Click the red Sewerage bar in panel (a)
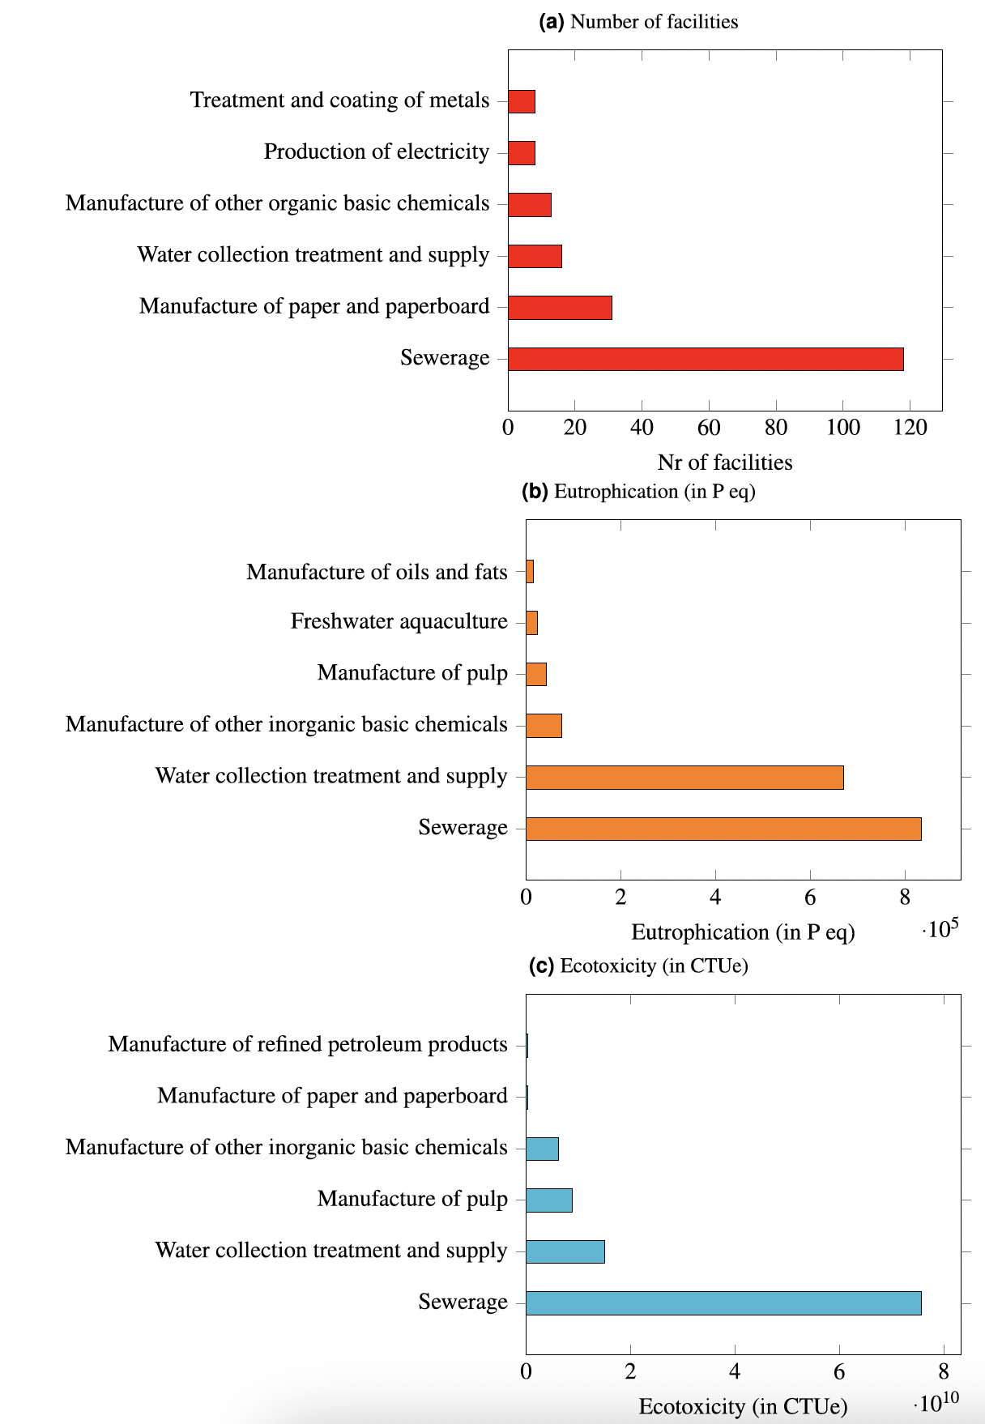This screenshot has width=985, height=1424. point(705,359)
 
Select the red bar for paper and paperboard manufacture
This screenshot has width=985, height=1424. point(560,308)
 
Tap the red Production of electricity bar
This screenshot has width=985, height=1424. point(522,153)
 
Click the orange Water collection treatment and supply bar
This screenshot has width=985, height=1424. point(684,778)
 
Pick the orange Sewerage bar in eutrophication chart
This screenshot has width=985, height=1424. point(723,829)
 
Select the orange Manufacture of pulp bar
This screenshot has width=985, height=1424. point(536,674)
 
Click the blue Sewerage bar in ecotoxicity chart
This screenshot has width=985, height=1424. point(723,1303)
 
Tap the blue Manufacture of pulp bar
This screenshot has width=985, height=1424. point(549,1200)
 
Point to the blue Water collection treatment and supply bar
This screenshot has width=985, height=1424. point(565,1251)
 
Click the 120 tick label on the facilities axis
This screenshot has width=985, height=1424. point(910,428)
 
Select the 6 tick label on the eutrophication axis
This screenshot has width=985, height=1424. point(810,897)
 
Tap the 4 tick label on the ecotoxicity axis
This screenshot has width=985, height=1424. point(735,1371)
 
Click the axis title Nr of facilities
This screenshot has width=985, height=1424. point(725,463)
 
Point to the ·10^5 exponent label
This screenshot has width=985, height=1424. point(940,928)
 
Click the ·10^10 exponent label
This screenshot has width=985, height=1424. point(936,1402)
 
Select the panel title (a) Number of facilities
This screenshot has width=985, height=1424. point(638,22)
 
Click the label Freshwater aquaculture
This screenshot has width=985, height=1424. point(399,621)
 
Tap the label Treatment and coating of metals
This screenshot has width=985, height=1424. point(339,100)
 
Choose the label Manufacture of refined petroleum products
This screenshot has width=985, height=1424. point(308,1044)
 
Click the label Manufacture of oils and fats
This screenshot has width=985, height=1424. point(377,572)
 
